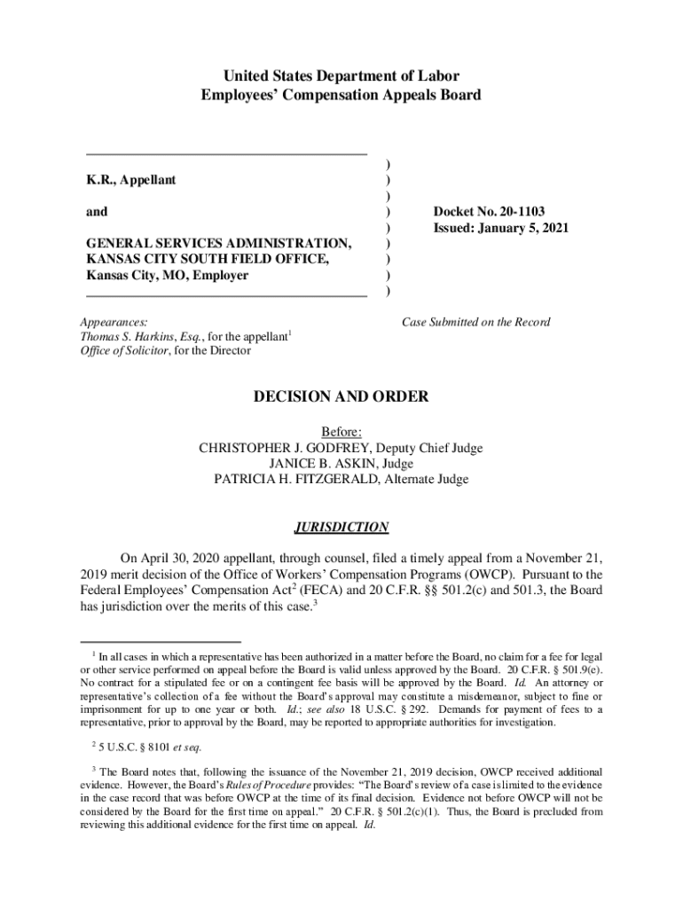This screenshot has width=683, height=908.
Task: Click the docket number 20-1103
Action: [x=517, y=212]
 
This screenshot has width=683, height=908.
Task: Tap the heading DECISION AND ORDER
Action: [x=341, y=397]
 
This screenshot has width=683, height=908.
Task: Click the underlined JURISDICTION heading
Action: [x=341, y=528]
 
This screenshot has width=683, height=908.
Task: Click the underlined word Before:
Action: [x=341, y=433]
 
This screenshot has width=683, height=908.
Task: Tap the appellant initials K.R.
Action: [x=98, y=180]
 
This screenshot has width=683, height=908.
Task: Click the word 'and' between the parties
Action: [x=97, y=212]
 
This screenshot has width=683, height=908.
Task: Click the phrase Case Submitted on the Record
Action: [x=475, y=322]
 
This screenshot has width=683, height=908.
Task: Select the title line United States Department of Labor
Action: [x=341, y=76]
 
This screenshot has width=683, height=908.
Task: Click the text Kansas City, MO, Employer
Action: [x=167, y=276]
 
